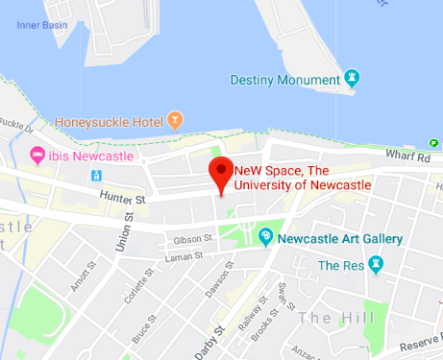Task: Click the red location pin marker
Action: (x=222, y=174)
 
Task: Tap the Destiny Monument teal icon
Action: (x=352, y=77)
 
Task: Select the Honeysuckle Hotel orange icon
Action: (x=174, y=121)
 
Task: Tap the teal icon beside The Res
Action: (x=376, y=264)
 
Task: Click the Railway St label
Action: (x=252, y=306)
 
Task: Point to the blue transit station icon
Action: (x=96, y=175)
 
